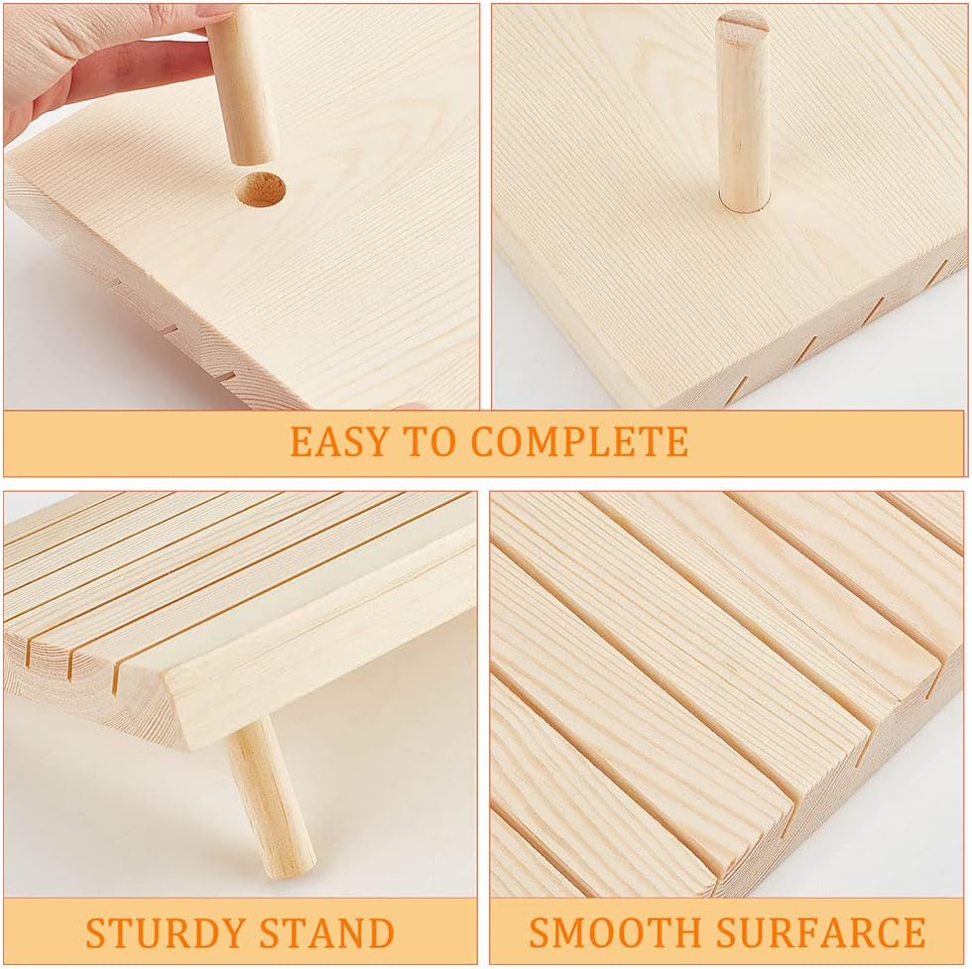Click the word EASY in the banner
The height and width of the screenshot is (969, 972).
coord(339,441)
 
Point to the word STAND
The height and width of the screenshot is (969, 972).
coord(326,932)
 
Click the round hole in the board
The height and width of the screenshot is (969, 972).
coord(260,189)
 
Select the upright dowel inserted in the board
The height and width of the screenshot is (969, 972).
coord(742,112)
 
